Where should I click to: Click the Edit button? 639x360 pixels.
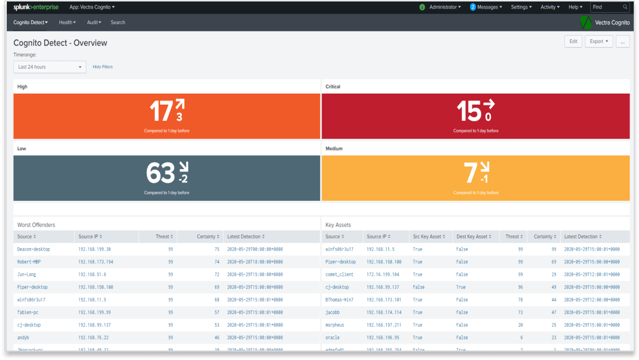point(573,42)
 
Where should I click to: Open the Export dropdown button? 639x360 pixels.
point(599,42)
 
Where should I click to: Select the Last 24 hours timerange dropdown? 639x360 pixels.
point(49,67)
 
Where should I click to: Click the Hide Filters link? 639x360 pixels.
point(102,67)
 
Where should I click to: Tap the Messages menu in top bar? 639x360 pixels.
point(486,7)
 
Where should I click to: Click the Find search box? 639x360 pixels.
point(610,7)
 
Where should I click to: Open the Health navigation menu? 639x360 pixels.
point(67,23)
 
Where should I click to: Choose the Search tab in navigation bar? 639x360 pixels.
point(118,23)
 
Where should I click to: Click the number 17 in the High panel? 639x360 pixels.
point(161,111)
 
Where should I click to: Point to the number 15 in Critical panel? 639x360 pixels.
point(469,111)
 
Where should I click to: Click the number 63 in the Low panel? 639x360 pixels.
point(160,173)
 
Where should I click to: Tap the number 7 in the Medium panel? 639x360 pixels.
point(470,173)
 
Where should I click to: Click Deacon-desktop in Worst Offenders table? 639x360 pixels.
point(34,249)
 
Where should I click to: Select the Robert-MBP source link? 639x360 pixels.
point(29,262)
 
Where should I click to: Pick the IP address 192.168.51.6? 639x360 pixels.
point(92,274)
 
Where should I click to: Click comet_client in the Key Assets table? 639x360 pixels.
point(339,274)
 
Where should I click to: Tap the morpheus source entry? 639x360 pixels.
point(335,325)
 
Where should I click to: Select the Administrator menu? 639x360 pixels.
point(445,7)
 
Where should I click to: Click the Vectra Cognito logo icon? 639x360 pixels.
point(585,23)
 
